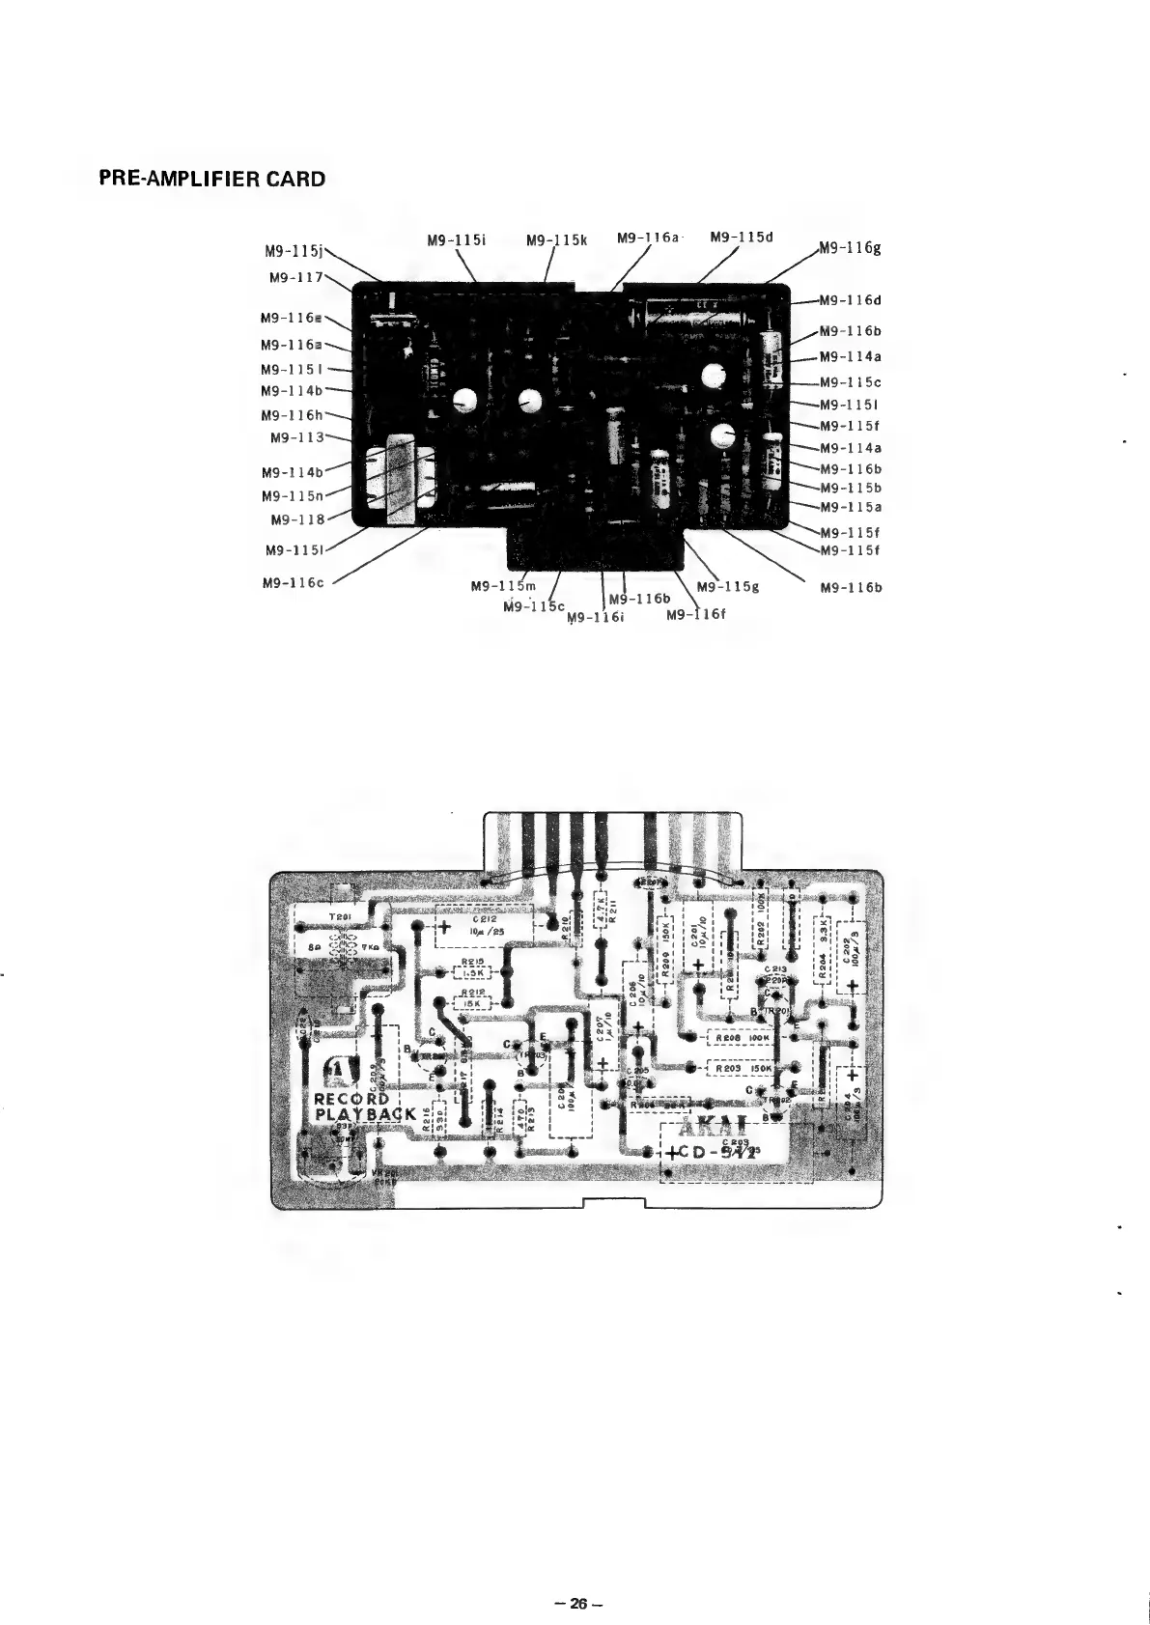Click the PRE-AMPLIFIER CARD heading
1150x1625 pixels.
(x=212, y=179)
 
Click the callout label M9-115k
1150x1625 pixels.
(x=558, y=239)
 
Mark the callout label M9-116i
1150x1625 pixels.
(x=598, y=618)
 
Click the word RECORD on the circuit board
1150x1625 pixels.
(x=351, y=1099)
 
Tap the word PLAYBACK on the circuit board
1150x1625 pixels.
(x=366, y=1117)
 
